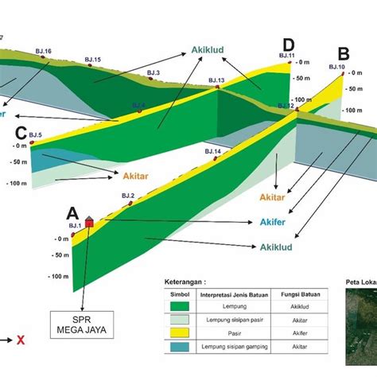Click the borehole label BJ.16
click(x=44, y=52)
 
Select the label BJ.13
click(x=216, y=80)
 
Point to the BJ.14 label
click(x=212, y=151)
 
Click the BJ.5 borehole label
click(x=34, y=136)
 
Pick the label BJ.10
click(x=336, y=68)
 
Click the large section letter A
click(x=72, y=213)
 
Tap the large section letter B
click(x=344, y=53)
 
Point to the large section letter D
click(x=288, y=44)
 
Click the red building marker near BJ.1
click(x=88, y=223)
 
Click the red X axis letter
click(x=21, y=340)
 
